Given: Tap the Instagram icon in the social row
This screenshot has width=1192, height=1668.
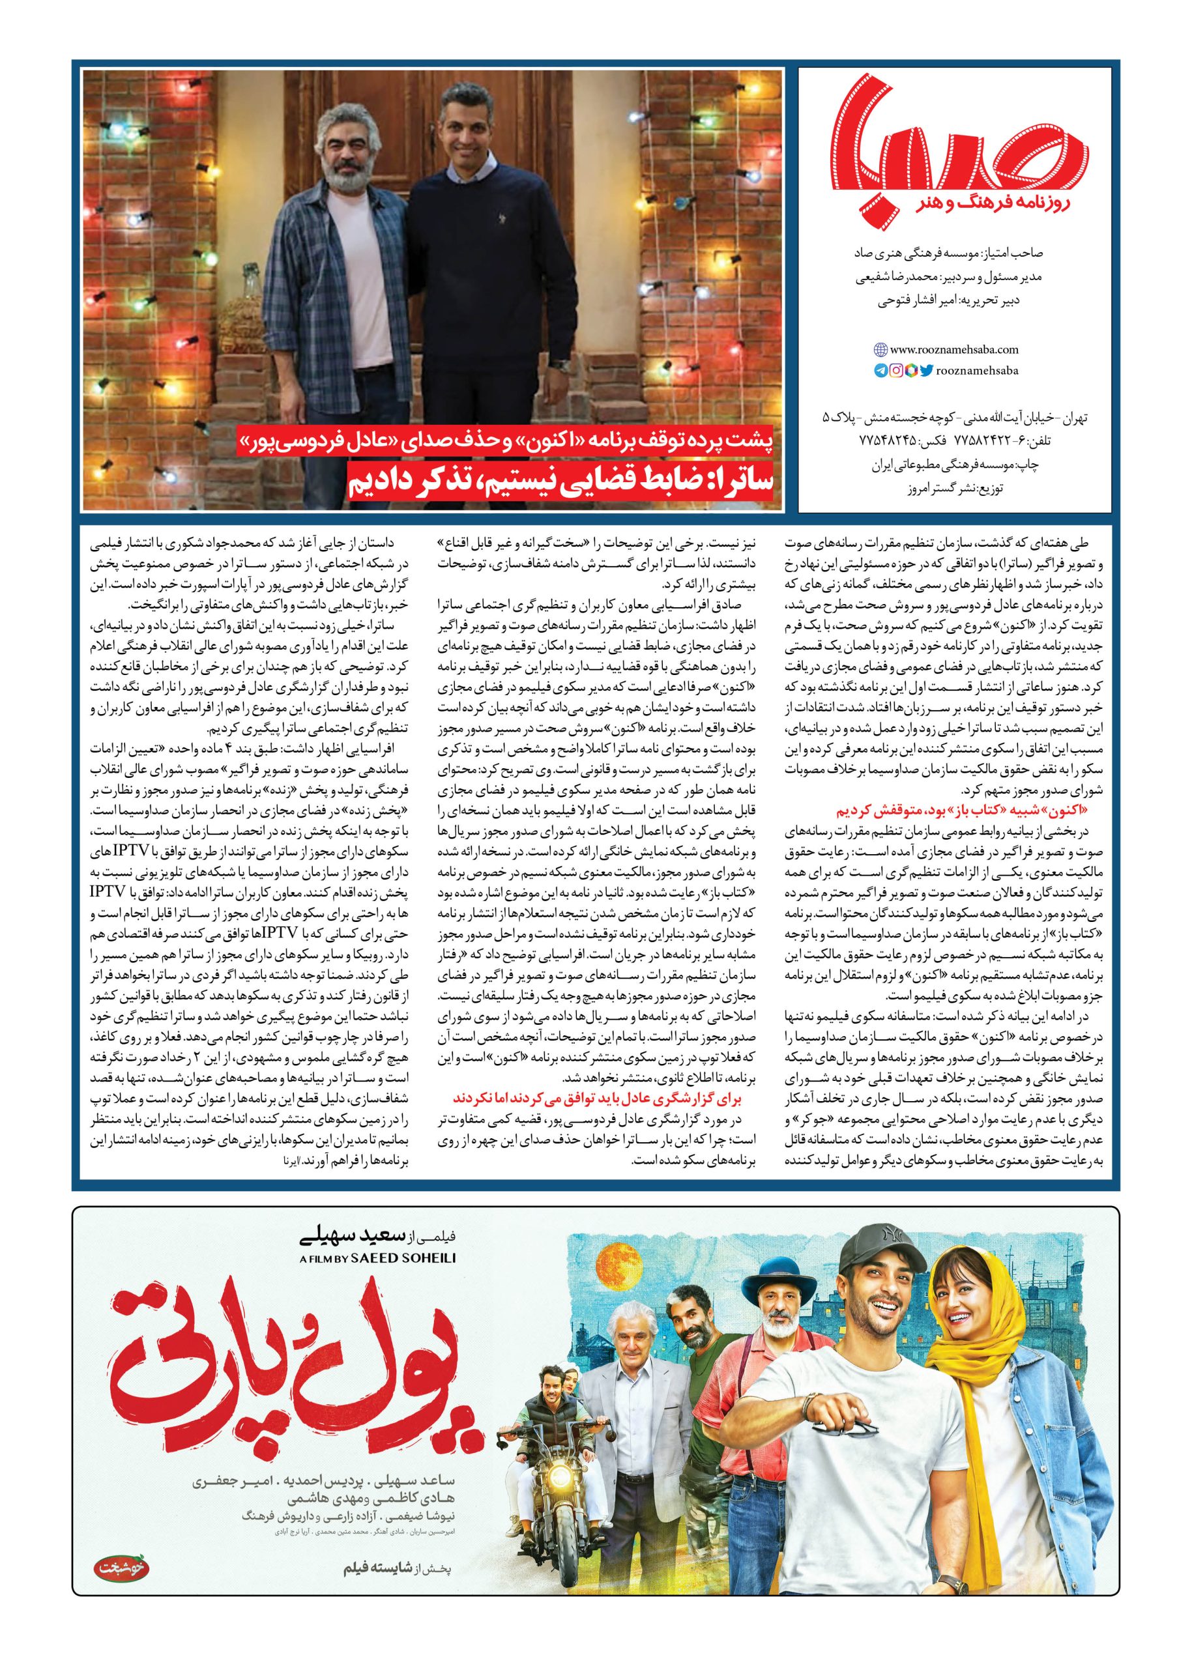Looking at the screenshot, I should [x=896, y=371].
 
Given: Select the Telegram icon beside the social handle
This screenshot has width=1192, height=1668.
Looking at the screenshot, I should [x=880, y=371].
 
